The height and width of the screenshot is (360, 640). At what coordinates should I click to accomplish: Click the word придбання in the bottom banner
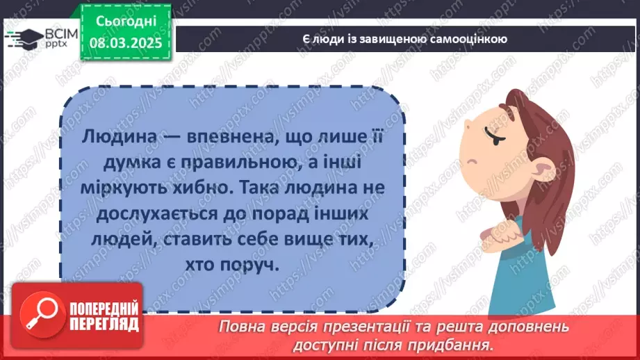pyautogui.click(x=461, y=344)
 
